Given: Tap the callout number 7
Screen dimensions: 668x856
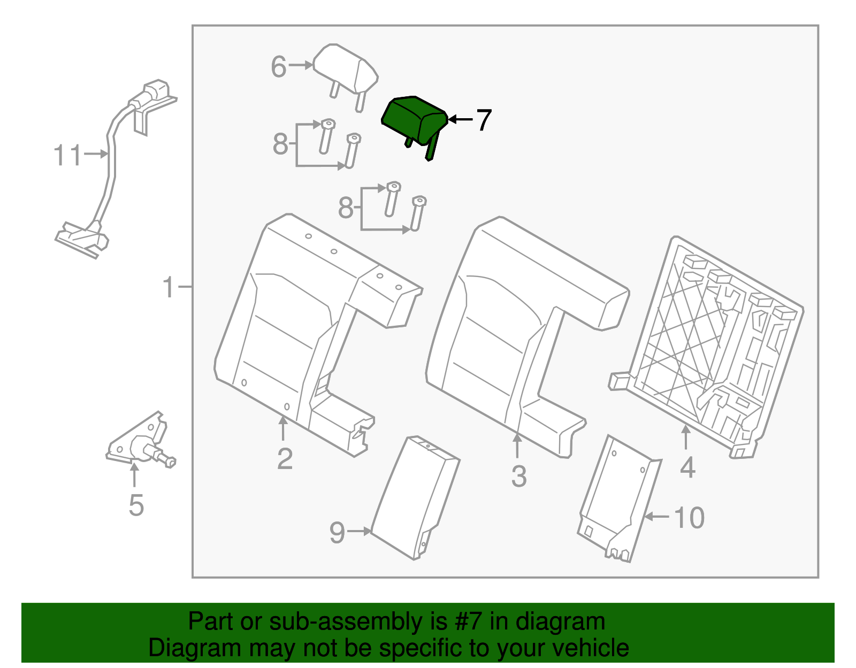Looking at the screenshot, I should [483, 120].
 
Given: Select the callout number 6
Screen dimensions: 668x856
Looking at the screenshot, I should [279, 67].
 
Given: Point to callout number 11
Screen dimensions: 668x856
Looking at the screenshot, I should [67, 156].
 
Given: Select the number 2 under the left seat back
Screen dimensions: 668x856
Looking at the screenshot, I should [285, 459].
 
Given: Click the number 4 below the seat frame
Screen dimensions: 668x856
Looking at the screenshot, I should [687, 468].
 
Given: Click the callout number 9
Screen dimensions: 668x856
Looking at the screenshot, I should [337, 533].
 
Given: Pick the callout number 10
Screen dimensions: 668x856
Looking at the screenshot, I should [689, 518].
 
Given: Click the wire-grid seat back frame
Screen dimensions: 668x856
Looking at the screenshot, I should [712, 348].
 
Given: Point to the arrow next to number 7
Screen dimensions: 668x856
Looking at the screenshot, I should [460, 120].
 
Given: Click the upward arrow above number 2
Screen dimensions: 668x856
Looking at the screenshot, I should [283, 428].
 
